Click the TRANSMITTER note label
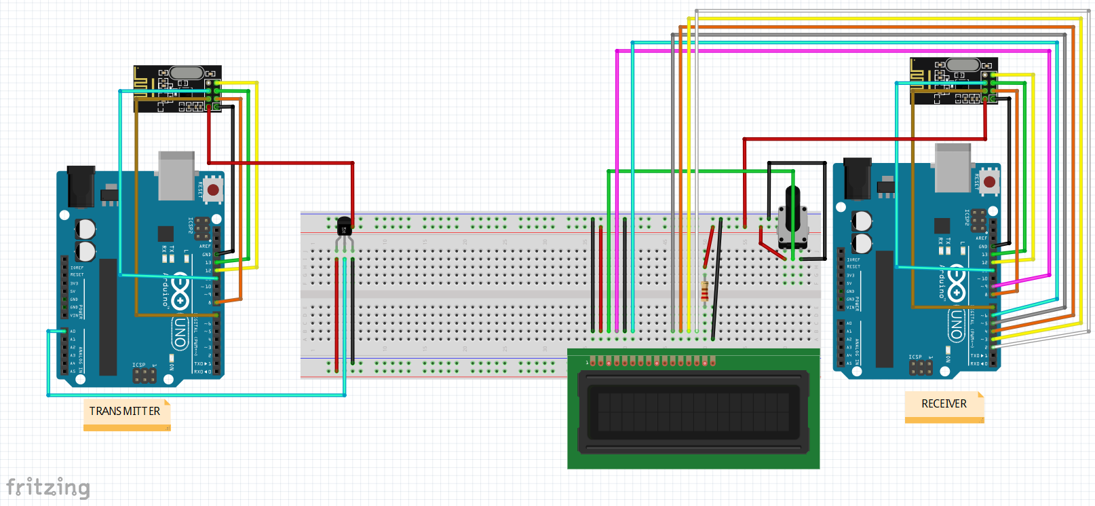point(125,412)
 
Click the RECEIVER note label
point(943,404)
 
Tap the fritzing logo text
point(47,487)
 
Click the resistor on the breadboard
point(705,290)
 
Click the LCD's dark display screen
point(693,412)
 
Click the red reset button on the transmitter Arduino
point(213,189)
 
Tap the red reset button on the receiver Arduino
point(989,182)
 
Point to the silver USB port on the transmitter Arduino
point(176,175)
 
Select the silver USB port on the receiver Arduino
point(953,168)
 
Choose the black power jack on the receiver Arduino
point(858,178)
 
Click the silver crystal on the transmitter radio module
point(187,73)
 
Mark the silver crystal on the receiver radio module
point(963,65)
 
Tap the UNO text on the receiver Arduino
point(956,325)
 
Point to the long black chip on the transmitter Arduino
point(108,317)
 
